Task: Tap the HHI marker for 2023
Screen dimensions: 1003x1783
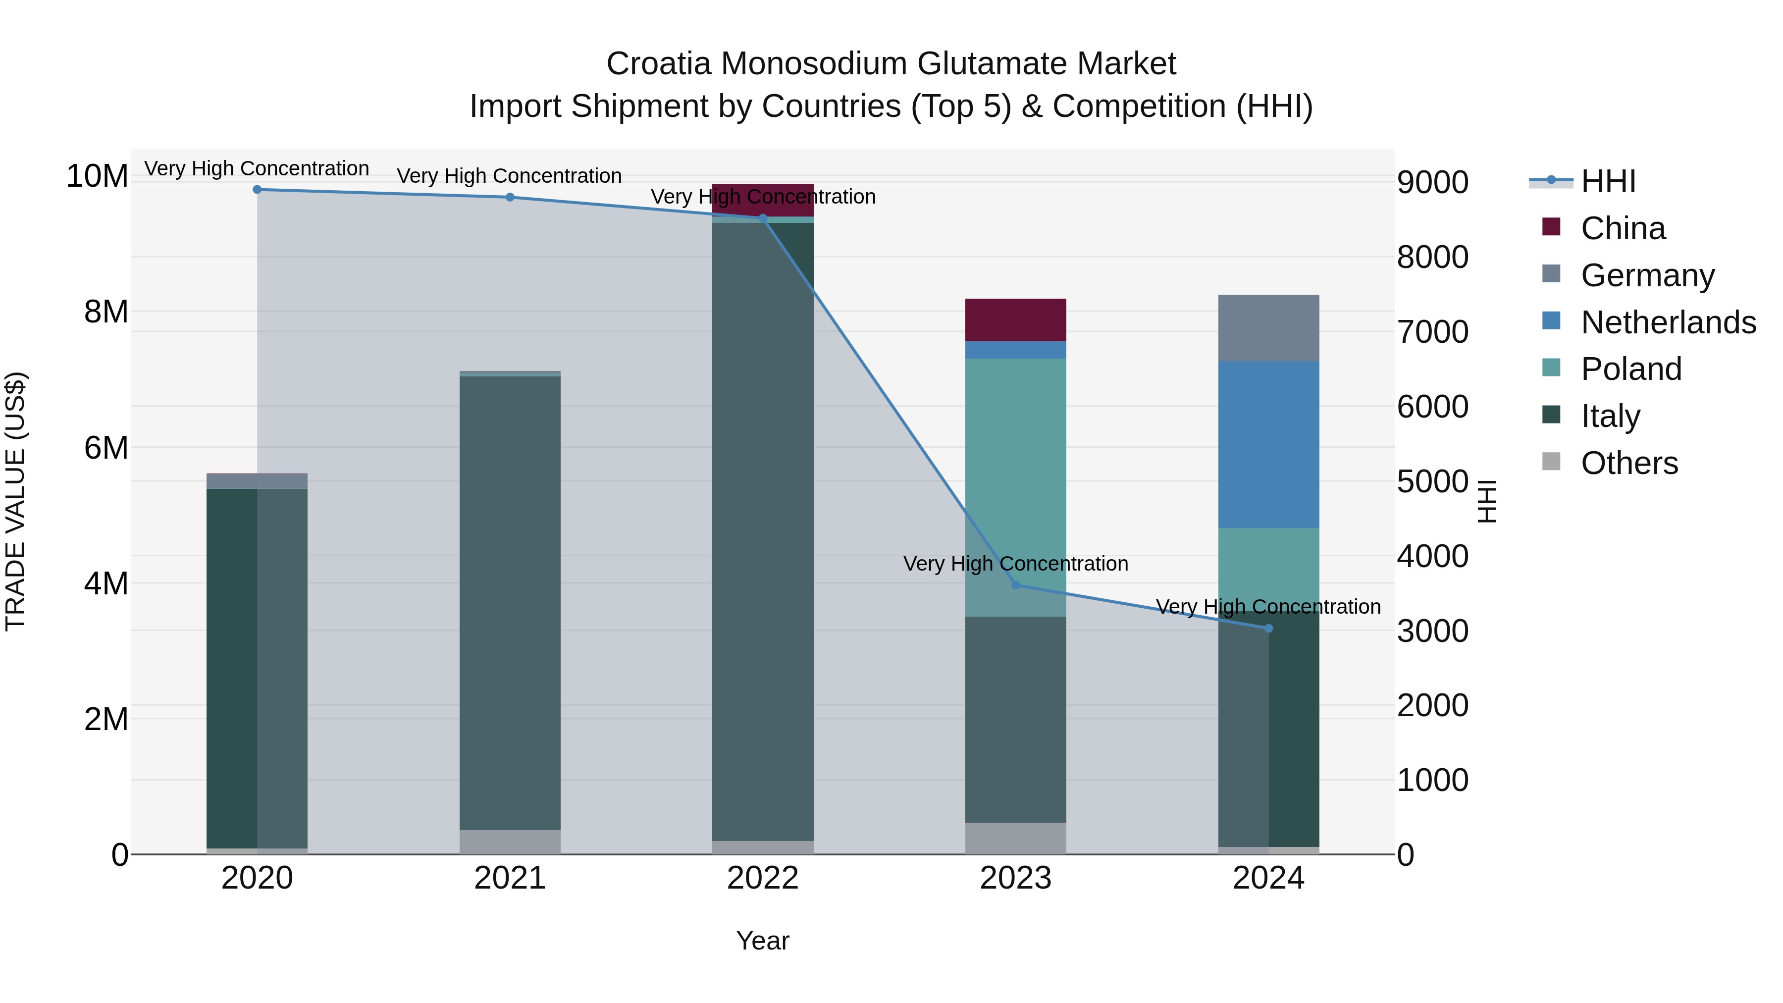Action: [x=1015, y=585]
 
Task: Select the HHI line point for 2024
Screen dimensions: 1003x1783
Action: [x=1268, y=629]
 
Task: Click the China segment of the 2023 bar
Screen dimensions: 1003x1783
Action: [x=1015, y=320]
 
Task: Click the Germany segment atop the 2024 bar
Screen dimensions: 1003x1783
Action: [x=1268, y=328]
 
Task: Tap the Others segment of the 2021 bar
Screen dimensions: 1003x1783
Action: [x=510, y=842]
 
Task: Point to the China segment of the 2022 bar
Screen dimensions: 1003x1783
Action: [x=763, y=199]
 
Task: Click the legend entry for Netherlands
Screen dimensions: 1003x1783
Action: [x=1668, y=322]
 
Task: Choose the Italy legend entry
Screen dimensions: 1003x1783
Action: [x=1610, y=416]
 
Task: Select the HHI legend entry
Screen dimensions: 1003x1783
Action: [x=1608, y=181]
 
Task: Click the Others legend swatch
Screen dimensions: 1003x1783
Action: [x=1551, y=462]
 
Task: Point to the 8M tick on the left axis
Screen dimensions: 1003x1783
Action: [x=105, y=312]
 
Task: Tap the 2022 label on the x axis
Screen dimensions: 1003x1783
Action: [x=763, y=878]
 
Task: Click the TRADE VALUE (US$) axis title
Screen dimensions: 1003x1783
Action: [x=16, y=501]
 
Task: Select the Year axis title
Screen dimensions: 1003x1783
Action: [x=763, y=941]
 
